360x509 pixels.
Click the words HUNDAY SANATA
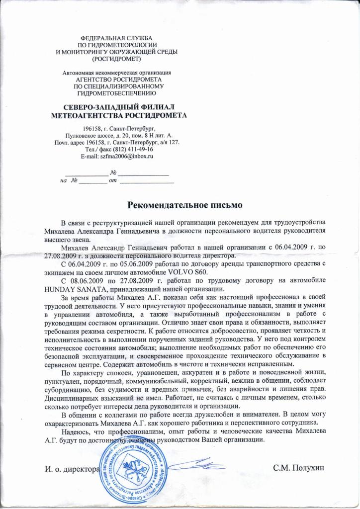[x=73, y=290]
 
